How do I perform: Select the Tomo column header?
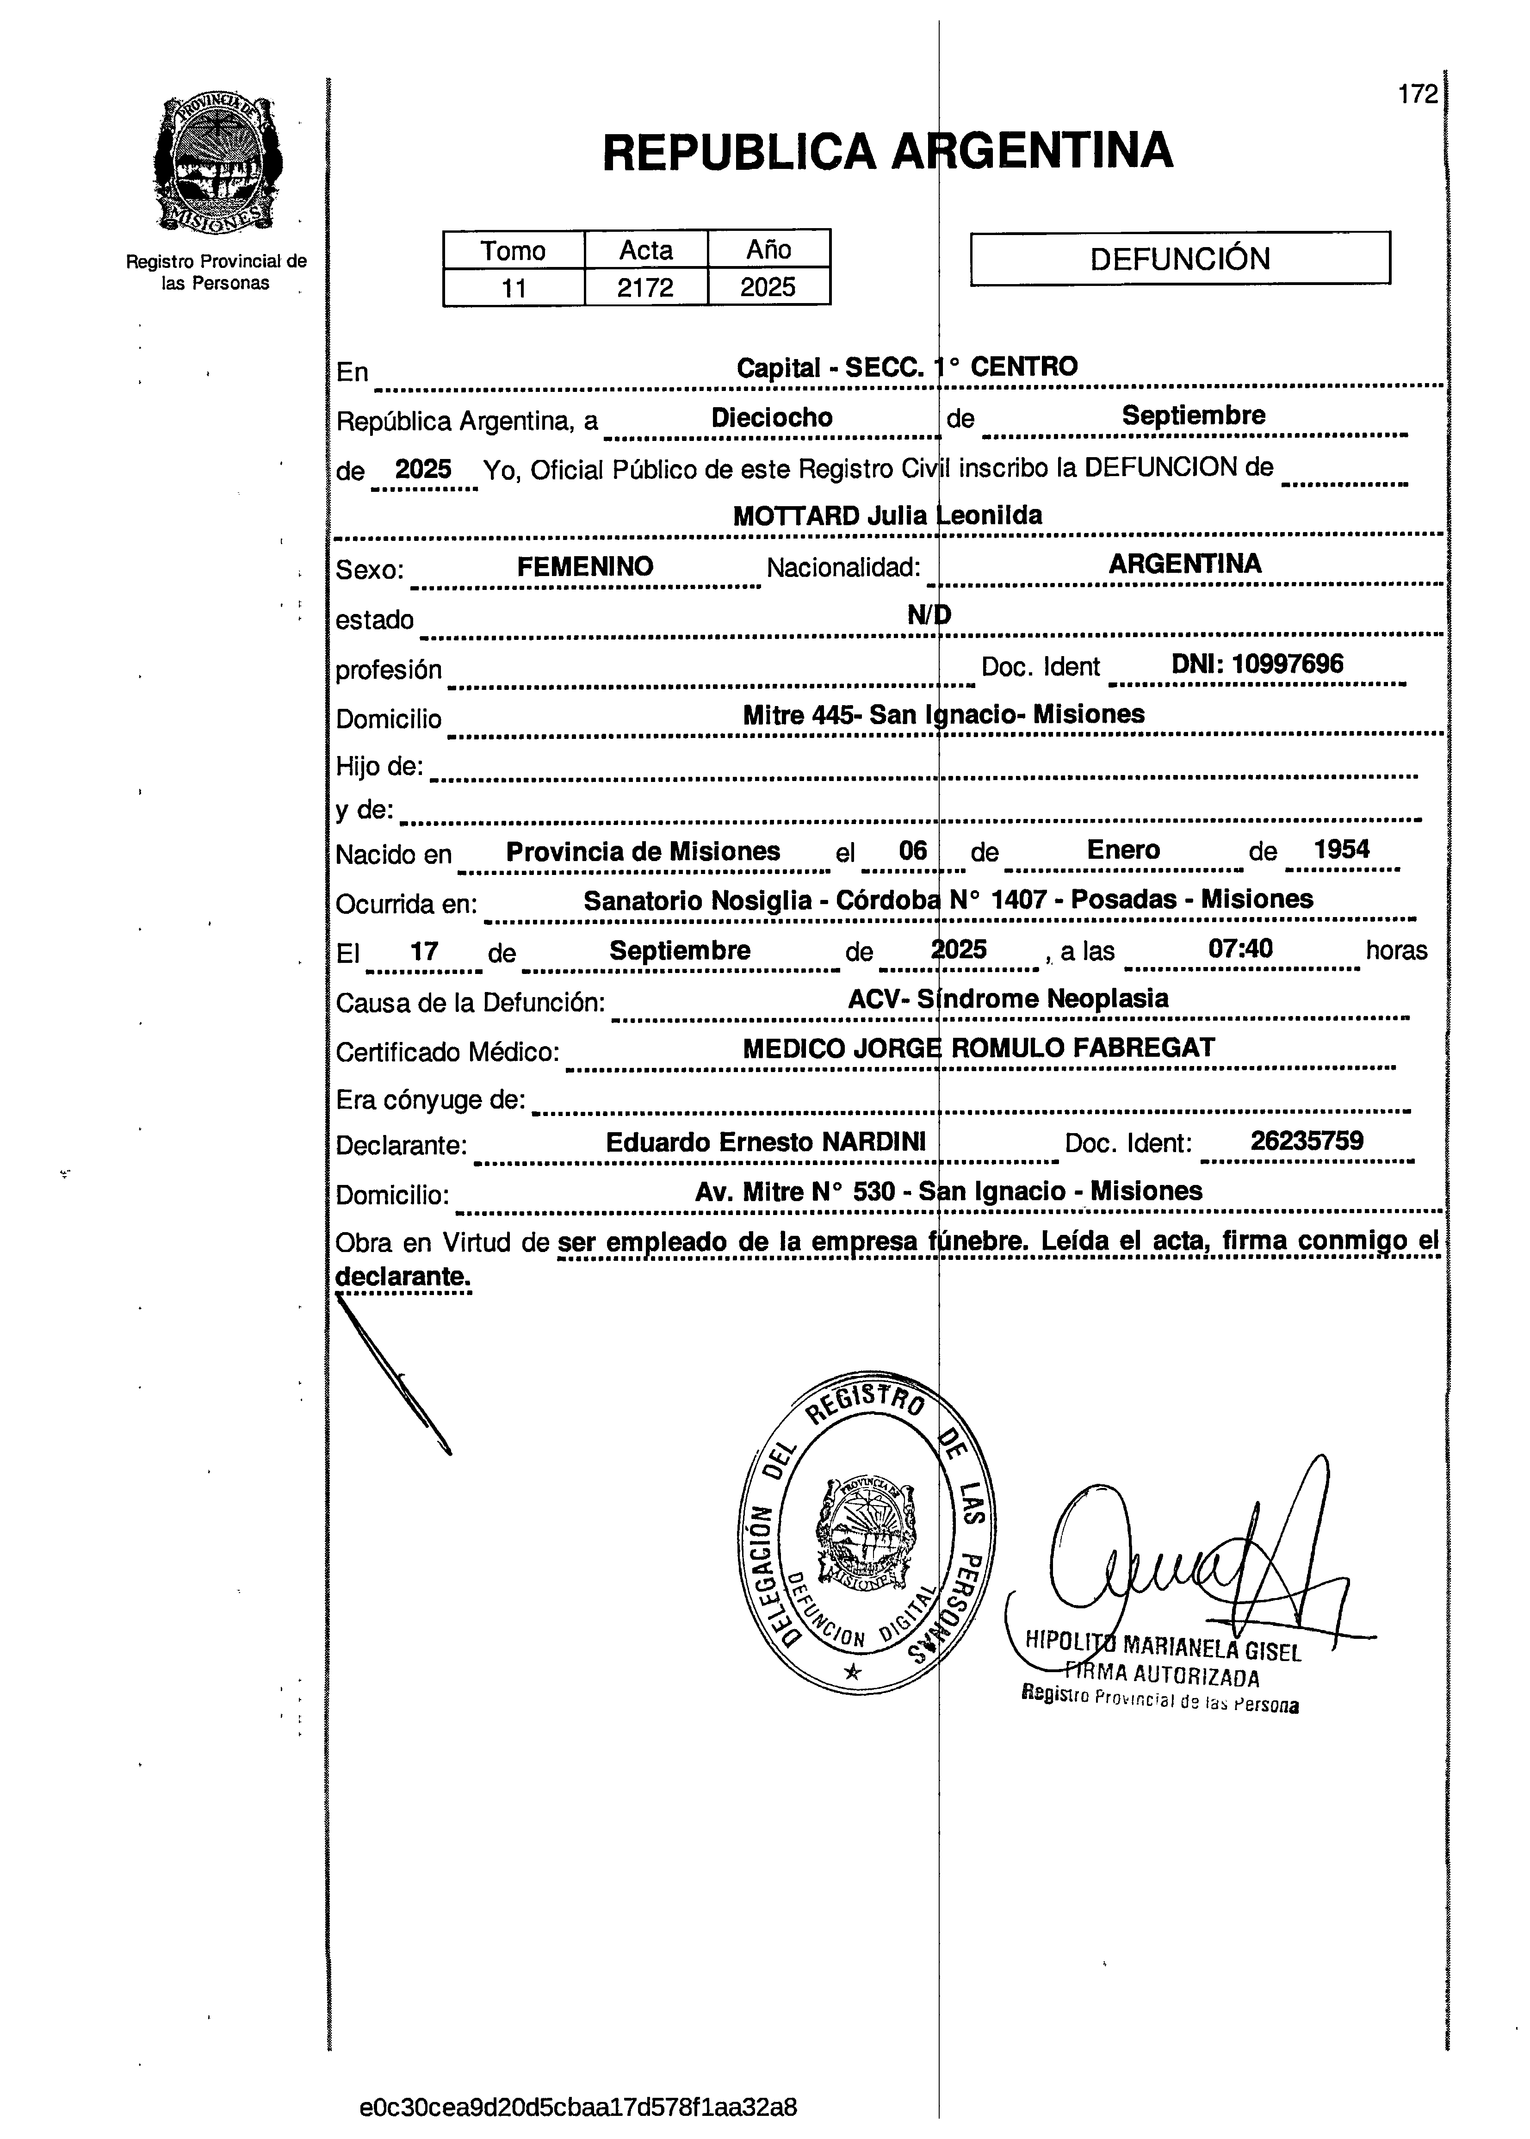pos(514,251)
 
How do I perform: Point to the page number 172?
pos(1418,94)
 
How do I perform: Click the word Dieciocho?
pos(772,417)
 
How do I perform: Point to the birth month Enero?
pos(1123,850)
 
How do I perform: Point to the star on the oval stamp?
pos(852,1673)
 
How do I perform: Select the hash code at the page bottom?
pos(578,2107)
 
